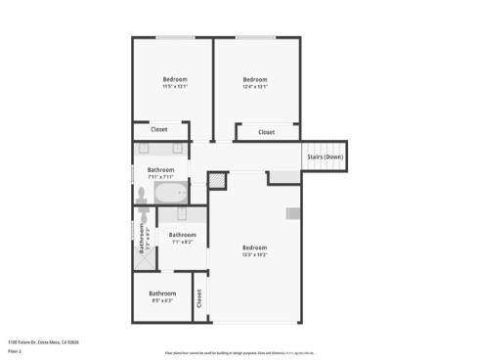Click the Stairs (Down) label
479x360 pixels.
325,157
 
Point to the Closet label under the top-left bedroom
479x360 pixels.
158,129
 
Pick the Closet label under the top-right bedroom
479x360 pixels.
266,132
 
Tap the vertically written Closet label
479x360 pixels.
198,298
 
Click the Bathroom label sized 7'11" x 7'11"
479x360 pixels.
161,170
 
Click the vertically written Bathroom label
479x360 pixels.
142,240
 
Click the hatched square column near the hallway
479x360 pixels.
217,181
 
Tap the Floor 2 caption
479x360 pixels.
15,350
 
